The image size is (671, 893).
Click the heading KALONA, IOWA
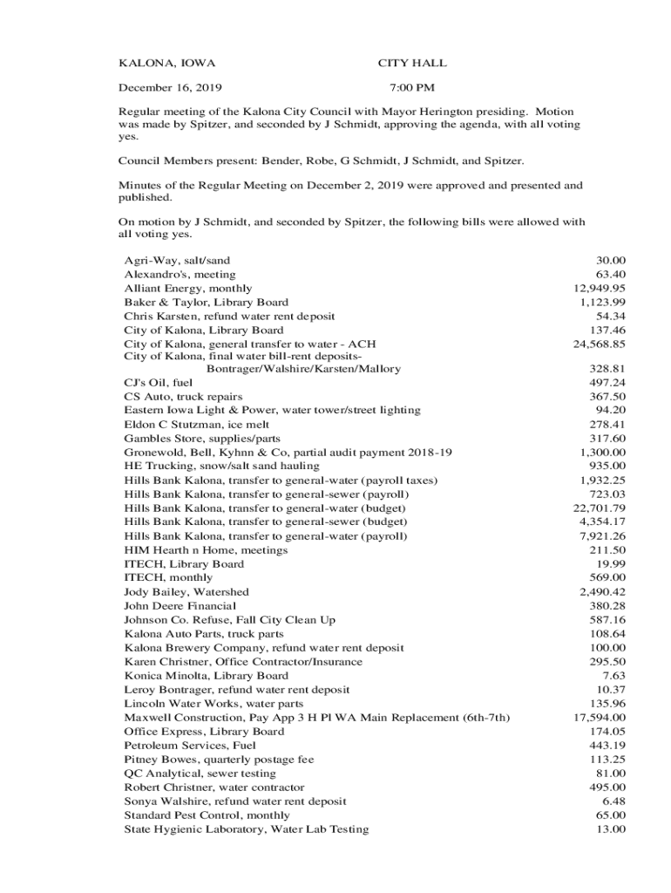[x=166, y=64]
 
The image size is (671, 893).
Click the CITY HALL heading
[x=412, y=64]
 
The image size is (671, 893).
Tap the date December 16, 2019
[x=170, y=87]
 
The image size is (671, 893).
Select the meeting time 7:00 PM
[x=412, y=87]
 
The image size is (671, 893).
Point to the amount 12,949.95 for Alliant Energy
[x=600, y=288]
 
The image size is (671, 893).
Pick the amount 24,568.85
[x=600, y=344]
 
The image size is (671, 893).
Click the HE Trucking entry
[x=221, y=466]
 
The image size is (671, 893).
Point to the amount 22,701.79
[x=600, y=508]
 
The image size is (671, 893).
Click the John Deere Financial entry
[x=180, y=605]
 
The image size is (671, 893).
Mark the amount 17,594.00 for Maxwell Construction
[x=600, y=717]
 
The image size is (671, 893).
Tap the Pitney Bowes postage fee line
[x=219, y=759]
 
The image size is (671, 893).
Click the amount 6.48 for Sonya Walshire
[x=613, y=801]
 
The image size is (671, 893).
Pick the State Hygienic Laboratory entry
[x=247, y=828]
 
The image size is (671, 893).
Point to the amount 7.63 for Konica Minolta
[x=613, y=675]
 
